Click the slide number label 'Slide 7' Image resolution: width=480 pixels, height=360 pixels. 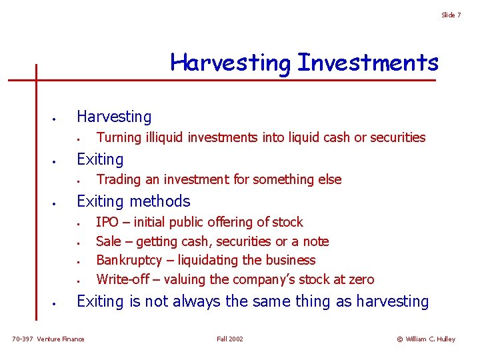pos(451,15)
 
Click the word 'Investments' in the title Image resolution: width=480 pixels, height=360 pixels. pos(368,63)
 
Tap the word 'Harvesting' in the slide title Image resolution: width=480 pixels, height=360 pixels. pos(231,63)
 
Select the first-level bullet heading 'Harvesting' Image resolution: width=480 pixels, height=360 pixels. pos(114,117)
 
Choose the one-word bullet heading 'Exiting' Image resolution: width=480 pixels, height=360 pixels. pos(100,159)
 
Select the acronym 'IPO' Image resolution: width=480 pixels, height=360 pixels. pos(107,222)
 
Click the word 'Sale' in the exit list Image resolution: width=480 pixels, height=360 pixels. pos(109,241)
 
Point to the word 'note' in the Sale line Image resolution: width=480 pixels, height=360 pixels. pos(315,241)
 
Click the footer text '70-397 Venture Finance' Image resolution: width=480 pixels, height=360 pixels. pos(49,339)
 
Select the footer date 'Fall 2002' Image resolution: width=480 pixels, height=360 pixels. pos(230,339)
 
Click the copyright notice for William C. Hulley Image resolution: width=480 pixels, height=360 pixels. pos(426,339)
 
